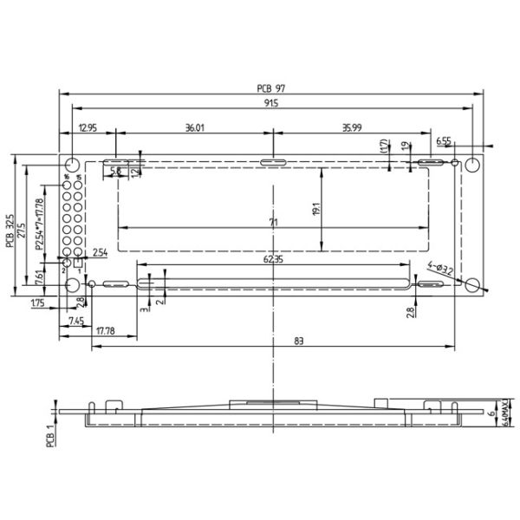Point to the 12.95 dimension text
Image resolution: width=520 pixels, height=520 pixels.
tap(87, 127)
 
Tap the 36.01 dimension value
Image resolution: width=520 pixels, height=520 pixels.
tap(194, 127)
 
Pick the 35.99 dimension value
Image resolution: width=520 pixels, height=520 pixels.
tap(351, 127)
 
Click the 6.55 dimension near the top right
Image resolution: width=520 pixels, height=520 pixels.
tap(443, 140)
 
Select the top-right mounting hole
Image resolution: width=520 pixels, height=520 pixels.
tap(472, 165)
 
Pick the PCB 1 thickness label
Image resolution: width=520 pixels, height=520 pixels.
tap(50, 433)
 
